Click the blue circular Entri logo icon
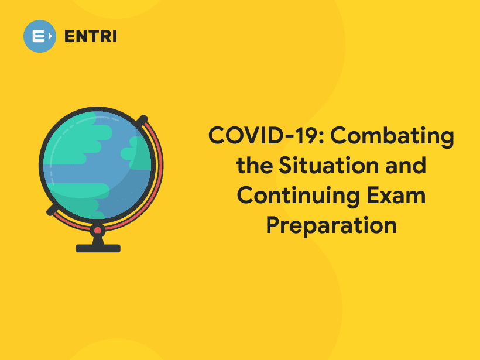[40, 36]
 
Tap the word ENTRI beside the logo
[91, 36]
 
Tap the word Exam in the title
[398, 196]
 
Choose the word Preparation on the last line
[331, 225]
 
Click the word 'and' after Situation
[404, 166]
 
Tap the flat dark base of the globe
[98, 248]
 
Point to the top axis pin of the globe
[141, 120]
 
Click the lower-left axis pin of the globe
[53, 209]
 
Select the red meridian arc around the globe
[158, 176]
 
